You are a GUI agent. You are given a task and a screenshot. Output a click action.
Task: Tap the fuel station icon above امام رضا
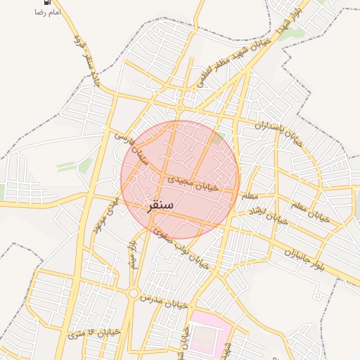click(x=47, y=2)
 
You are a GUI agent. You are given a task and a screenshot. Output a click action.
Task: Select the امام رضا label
click(x=47, y=13)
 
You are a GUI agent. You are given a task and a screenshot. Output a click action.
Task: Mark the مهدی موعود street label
click(x=105, y=214)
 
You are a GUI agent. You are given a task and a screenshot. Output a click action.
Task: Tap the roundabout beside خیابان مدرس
click(x=133, y=292)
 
